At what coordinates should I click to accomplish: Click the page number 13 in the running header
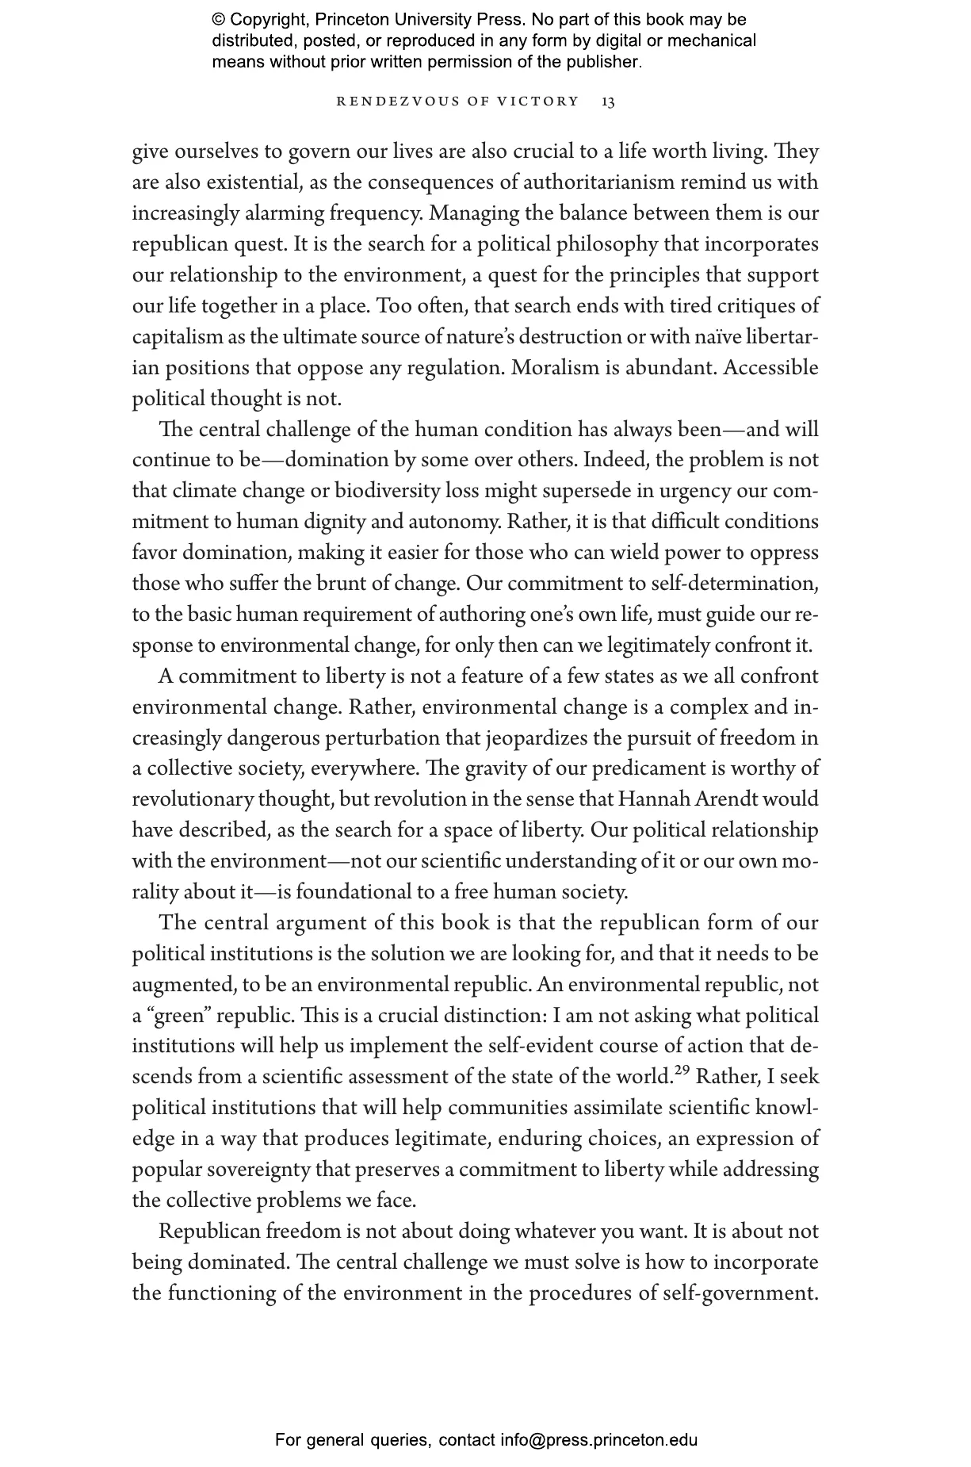[x=608, y=102]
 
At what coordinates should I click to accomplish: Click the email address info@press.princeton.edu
[x=598, y=1440]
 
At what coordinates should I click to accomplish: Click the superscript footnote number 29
[x=681, y=1073]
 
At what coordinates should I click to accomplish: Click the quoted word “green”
[x=177, y=1016]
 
